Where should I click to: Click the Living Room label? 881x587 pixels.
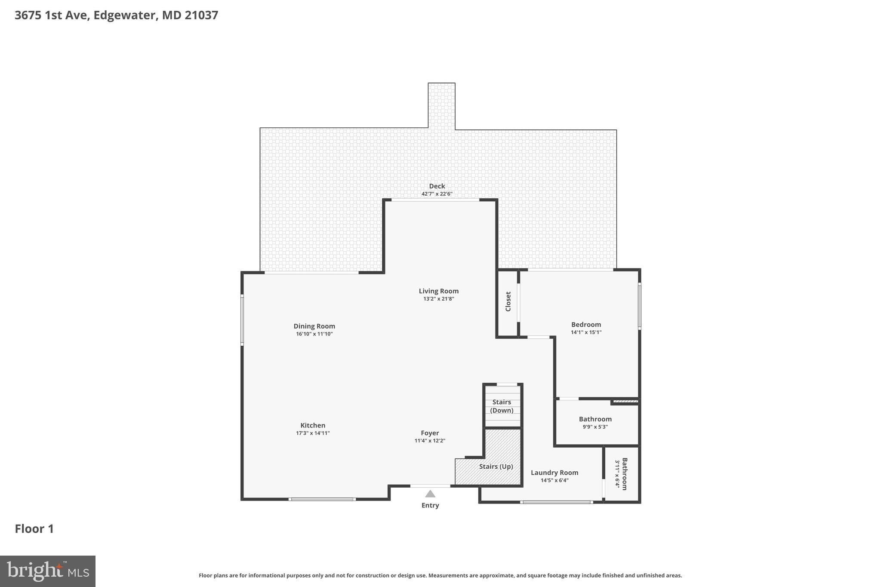(438, 291)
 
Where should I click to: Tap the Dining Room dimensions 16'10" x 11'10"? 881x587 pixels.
(314, 334)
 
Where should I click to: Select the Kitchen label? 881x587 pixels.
(313, 425)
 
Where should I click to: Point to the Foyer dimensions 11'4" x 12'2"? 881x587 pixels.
(430, 441)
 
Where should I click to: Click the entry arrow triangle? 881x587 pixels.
(430, 494)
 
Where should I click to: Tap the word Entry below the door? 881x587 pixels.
(430, 505)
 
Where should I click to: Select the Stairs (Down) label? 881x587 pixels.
(502, 406)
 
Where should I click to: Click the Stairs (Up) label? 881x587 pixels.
(496, 467)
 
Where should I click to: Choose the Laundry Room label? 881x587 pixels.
(554, 473)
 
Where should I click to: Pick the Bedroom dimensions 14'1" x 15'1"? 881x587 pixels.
(586, 332)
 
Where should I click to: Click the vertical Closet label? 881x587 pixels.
(508, 301)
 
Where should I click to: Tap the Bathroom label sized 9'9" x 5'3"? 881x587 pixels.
(595, 419)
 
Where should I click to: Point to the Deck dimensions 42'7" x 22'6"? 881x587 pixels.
(437, 194)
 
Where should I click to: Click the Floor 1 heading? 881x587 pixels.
(34, 529)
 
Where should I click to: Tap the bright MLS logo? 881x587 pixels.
(48, 571)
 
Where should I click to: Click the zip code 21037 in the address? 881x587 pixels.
(201, 15)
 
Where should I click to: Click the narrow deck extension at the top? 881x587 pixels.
(441, 105)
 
